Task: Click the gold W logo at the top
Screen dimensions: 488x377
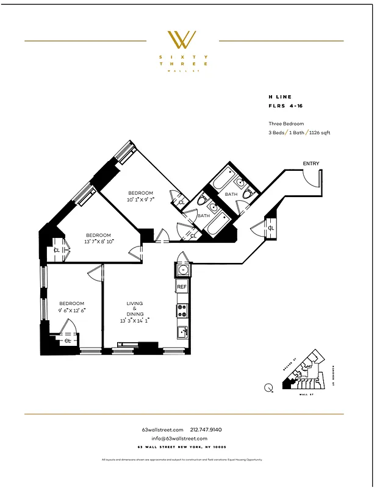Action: point(182,40)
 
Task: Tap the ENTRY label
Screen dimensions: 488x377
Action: point(311,163)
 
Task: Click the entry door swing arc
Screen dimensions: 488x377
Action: point(312,178)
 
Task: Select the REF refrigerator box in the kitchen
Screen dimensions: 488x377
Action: point(182,286)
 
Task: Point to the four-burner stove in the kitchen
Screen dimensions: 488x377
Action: point(182,310)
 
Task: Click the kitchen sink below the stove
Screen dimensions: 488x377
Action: point(182,332)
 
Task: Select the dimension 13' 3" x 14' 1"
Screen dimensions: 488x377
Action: point(135,320)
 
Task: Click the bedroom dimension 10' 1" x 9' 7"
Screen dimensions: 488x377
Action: point(140,199)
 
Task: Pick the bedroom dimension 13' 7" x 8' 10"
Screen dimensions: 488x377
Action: point(98,242)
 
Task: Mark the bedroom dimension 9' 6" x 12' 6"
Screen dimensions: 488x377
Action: point(71,310)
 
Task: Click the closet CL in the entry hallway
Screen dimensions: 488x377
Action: point(271,228)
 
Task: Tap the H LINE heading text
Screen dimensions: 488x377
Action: point(280,97)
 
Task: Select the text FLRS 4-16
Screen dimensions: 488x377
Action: point(285,106)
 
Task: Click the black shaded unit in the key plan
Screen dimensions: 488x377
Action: point(287,384)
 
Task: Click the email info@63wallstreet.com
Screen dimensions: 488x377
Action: point(180,439)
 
